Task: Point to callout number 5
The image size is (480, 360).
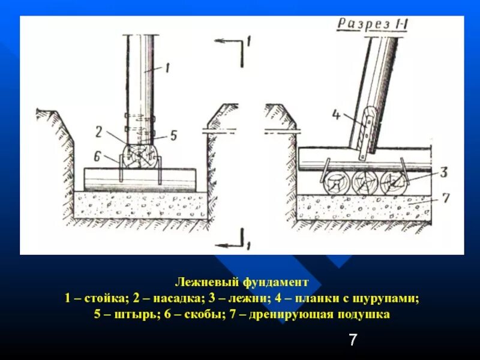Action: pos(174,136)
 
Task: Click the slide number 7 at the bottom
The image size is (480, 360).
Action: pos(353,341)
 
